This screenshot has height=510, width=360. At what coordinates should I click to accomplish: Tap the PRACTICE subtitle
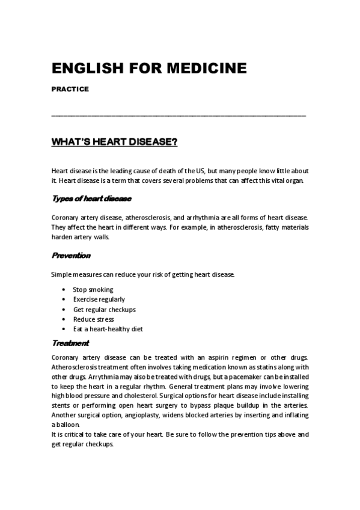click(x=70, y=89)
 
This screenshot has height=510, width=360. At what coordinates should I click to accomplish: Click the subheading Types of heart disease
click(x=92, y=198)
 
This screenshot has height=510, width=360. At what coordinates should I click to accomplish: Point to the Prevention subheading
click(x=72, y=256)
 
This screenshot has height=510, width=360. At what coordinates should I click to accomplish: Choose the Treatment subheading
click(x=71, y=343)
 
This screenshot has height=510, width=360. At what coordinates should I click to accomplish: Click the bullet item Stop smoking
click(x=93, y=289)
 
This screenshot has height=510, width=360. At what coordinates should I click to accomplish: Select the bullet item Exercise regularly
click(x=99, y=299)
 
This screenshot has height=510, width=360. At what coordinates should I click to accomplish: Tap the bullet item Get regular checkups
click(x=105, y=309)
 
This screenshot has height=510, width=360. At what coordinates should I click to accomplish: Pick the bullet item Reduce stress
click(x=94, y=319)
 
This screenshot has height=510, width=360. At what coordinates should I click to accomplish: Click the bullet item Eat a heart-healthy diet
click(x=108, y=329)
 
